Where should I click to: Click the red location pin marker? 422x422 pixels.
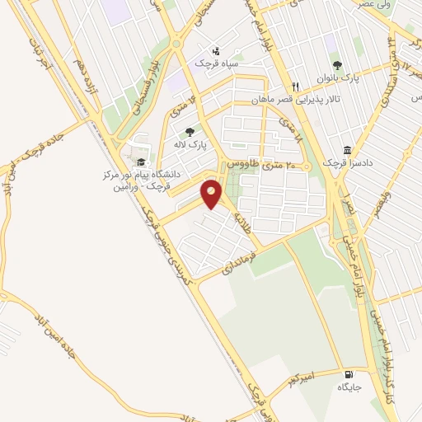(x=212, y=195)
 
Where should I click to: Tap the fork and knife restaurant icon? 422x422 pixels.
(x=295, y=86)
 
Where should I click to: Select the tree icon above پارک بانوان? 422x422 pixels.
(x=336, y=65)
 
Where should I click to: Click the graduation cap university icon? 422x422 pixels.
(x=141, y=162)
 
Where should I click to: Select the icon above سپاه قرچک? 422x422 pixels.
(x=217, y=50)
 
